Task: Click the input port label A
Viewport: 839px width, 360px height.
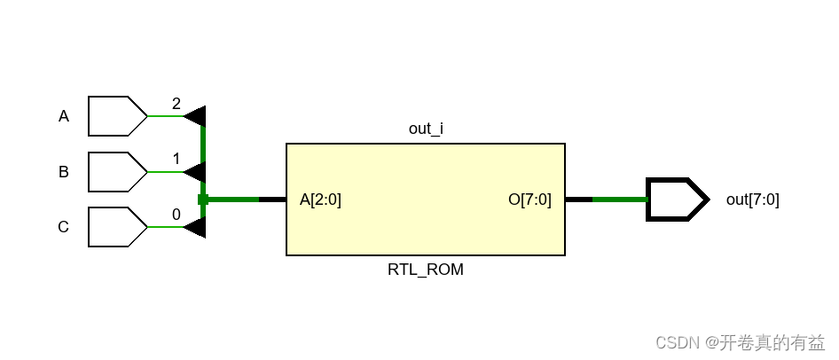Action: [x=64, y=116]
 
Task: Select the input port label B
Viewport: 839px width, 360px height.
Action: [x=64, y=172]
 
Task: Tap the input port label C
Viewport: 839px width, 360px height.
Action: [x=64, y=227]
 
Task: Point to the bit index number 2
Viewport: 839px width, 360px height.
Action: [x=176, y=104]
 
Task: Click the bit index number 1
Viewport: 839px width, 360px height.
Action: [x=176, y=160]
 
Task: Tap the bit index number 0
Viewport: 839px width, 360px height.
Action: [x=176, y=215]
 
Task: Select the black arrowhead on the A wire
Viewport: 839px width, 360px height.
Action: [x=196, y=116]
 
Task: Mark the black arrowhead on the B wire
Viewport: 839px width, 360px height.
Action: [x=196, y=172]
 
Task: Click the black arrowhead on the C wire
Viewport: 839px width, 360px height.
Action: [x=196, y=227]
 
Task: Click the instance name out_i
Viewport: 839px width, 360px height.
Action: [x=426, y=129]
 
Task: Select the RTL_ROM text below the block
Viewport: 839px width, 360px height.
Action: [x=426, y=270]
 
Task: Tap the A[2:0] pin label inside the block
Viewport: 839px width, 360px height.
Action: [x=320, y=200]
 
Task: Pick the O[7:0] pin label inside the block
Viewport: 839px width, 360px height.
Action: [x=529, y=200]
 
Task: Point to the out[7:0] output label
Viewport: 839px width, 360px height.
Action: [x=752, y=200]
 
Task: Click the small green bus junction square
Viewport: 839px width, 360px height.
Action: [x=203, y=200]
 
